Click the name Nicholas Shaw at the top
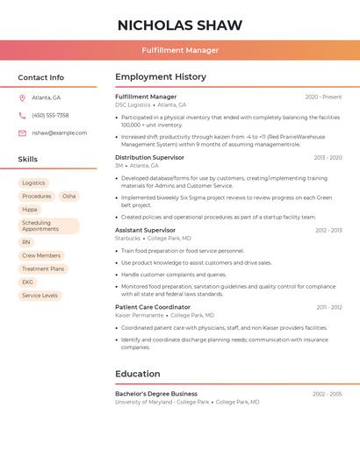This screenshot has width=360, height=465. pyautogui.click(x=180, y=25)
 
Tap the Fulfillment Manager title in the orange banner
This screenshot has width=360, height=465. pyautogui.click(x=180, y=50)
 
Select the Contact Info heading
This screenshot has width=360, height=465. pyautogui.click(x=41, y=77)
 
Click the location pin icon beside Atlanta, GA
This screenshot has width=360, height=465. pyautogui.click(x=22, y=97)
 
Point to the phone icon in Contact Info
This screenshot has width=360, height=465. pyautogui.click(x=22, y=115)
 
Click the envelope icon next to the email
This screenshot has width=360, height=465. pyautogui.click(x=22, y=133)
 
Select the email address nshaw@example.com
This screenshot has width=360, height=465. pyautogui.click(x=59, y=133)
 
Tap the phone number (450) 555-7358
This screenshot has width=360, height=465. pyautogui.click(x=50, y=115)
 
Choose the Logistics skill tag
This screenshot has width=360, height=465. pyautogui.click(x=33, y=183)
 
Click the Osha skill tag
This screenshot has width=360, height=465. pyautogui.click(x=68, y=197)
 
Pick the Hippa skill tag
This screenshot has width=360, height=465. pyautogui.click(x=30, y=210)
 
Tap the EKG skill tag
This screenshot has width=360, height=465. pyautogui.click(x=27, y=283)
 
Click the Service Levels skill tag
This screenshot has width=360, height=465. pyautogui.click(x=40, y=296)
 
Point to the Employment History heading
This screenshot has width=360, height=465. pyautogui.click(x=161, y=77)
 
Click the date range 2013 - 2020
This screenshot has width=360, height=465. pyautogui.click(x=328, y=158)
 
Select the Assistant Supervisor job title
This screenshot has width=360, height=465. pyautogui.click(x=145, y=230)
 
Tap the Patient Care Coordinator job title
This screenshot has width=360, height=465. pyautogui.click(x=153, y=307)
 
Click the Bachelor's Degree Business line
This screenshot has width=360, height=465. pyautogui.click(x=156, y=394)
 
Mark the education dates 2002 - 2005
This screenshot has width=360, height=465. pyautogui.click(x=327, y=394)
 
